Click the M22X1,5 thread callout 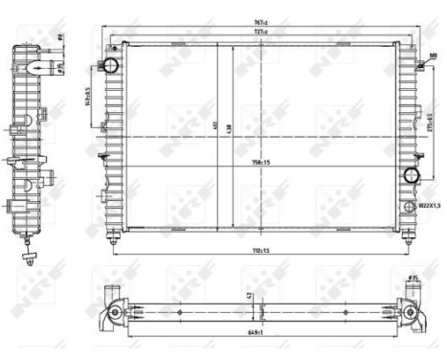click(x=429, y=205)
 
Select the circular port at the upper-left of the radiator click(x=110, y=66)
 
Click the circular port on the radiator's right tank click(x=412, y=176)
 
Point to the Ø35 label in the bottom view click(x=413, y=279)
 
